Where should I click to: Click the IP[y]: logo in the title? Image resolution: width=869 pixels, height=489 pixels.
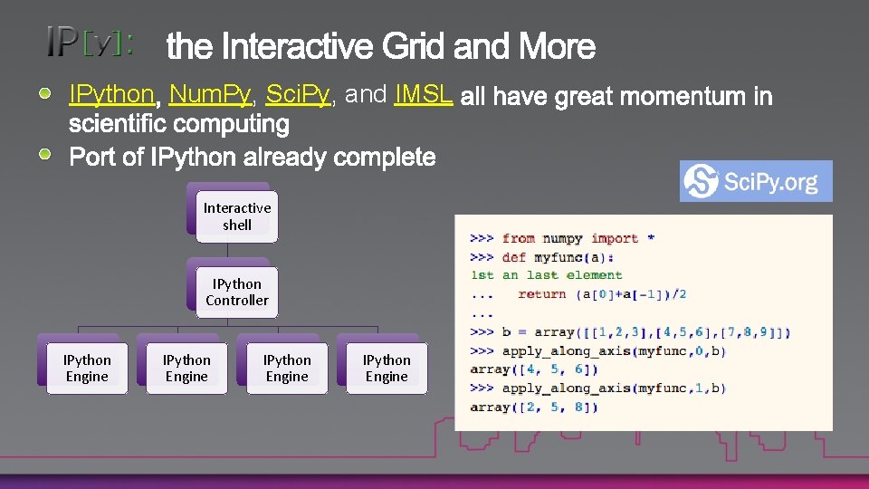point(91,43)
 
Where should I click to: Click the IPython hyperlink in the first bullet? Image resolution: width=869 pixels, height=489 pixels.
point(112,94)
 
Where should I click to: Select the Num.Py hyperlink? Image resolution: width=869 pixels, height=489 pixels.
point(210,94)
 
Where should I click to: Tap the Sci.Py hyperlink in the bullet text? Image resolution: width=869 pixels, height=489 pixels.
point(297,94)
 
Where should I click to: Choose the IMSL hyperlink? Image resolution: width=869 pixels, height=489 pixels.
point(423,94)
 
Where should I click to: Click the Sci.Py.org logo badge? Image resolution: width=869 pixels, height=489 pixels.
point(755,181)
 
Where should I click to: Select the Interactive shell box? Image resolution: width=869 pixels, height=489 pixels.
point(237,216)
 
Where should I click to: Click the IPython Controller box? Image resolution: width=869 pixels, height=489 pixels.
point(237,292)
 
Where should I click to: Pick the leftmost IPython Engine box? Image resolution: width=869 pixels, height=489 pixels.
point(87,369)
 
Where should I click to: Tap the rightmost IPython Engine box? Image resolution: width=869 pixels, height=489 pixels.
point(387,369)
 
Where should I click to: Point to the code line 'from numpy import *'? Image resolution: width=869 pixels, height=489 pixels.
point(578,238)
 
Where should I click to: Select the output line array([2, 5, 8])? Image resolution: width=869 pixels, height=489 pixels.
point(533,407)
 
